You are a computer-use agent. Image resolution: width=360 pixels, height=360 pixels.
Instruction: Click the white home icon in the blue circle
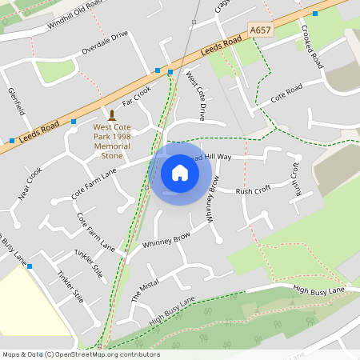(x=180, y=173)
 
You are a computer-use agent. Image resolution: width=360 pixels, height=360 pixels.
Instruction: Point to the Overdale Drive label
(x=105, y=45)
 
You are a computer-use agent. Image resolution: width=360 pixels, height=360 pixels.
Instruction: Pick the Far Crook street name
(x=137, y=96)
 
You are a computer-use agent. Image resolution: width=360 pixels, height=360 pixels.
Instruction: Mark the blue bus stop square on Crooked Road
(x=315, y=14)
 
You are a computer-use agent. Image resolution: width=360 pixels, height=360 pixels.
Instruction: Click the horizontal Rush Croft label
(x=253, y=191)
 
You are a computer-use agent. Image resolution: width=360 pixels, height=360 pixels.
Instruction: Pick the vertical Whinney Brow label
(x=211, y=198)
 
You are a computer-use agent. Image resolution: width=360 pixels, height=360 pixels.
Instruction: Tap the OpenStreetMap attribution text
(x=80, y=354)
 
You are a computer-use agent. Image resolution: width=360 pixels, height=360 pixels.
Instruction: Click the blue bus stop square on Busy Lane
(x=30, y=266)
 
